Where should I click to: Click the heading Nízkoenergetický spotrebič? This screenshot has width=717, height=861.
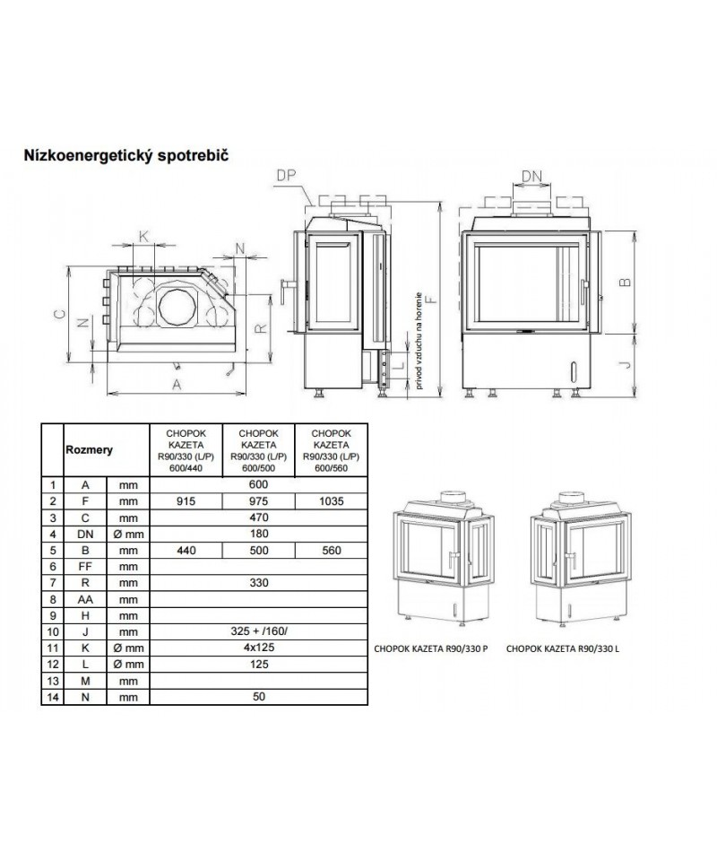[127, 154]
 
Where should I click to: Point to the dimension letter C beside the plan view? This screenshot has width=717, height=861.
[56, 315]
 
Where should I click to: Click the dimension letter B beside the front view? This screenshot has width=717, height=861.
[626, 281]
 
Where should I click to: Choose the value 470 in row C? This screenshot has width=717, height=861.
[256, 517]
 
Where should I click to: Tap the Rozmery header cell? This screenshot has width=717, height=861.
[88, 450]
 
